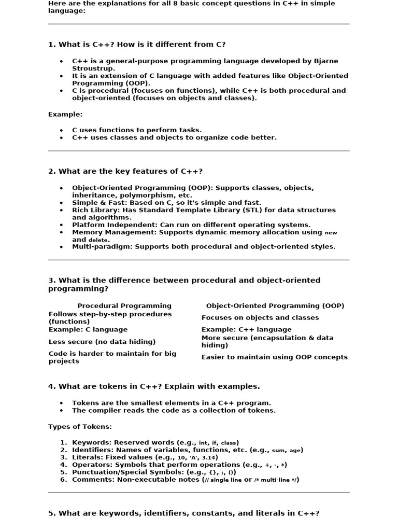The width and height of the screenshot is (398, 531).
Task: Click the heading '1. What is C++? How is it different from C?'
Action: [x=137, y=45]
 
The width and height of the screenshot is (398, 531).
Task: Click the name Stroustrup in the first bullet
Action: [x=93, y=68]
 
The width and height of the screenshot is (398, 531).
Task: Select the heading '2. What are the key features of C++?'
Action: [x=125, y=171]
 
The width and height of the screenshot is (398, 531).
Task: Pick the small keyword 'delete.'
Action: [x=99, y=240]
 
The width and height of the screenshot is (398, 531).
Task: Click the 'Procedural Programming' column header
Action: [x=124, y=306]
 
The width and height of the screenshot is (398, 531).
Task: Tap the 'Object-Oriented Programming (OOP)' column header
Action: [x=275, y=306]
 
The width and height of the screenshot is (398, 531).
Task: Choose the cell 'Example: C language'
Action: [x=88, y=329]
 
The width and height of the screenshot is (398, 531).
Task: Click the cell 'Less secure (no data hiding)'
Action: [x=102, y=342]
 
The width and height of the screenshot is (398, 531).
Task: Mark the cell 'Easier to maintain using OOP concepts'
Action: [x=275, y=357]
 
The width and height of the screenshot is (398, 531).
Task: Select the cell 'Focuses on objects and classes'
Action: [x=260, y=317]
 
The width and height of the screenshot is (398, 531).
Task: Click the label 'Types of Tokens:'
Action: [x=80, y=426]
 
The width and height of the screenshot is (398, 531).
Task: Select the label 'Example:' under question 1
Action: [x=65, y=114]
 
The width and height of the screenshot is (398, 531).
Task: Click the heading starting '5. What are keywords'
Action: [x=184, y=513]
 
